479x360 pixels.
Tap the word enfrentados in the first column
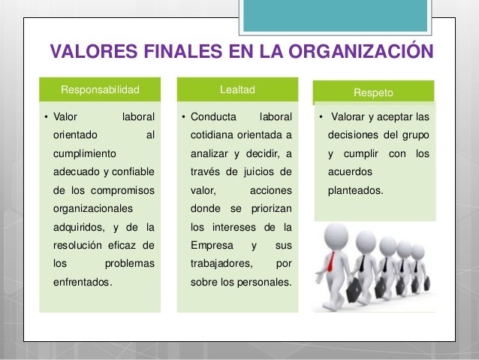tap(82, 283)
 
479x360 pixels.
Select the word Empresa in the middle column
tap(212, 246)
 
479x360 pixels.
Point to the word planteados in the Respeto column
tap(355, 190)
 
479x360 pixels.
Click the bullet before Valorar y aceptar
tap(321, 117)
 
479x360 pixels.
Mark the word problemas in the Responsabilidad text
tap(130, 264)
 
